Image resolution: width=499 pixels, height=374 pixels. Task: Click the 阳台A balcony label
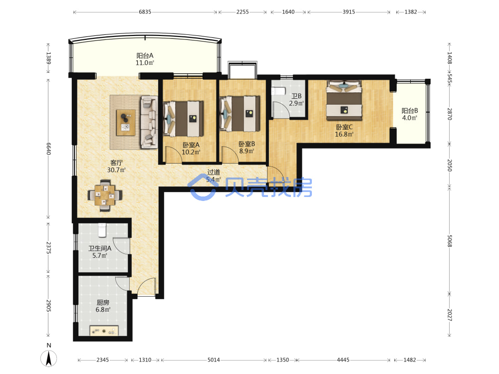click(x=145, y=56)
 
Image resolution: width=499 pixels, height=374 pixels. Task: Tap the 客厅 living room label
click(x=116, y=163)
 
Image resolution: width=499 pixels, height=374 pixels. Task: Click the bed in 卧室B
click(x=240, y=114)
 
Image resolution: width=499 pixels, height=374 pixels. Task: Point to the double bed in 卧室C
click(x=344, y=100)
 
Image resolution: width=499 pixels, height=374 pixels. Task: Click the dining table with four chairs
click(x=105, y=195)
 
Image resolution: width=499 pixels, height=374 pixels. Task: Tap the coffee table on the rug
click(x=126, y=123)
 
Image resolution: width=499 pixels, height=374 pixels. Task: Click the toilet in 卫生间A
click(x=102, y=230)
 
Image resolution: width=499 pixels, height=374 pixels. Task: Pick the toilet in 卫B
click(x=278, y=91)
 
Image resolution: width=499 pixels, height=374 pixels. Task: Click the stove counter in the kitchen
click(x=104, y=331)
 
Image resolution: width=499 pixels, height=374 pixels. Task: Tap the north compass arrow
click(x=49, y=359)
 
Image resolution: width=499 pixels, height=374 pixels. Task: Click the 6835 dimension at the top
click(x=145, y=12)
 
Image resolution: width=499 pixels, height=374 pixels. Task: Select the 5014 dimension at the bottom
click(x=214, y=360)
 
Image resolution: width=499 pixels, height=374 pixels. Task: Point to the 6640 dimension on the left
click(x=48, y=149)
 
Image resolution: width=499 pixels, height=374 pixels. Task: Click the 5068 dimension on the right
click(x=450, y=241)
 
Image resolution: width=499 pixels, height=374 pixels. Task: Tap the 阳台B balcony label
click(x=410, y=111)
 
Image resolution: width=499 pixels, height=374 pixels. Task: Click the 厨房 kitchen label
click(x=103, y=303)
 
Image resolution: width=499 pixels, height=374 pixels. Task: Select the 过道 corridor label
click(x=214, y=172)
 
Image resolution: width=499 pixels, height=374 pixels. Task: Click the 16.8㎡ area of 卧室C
click(x=344, y=134)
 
